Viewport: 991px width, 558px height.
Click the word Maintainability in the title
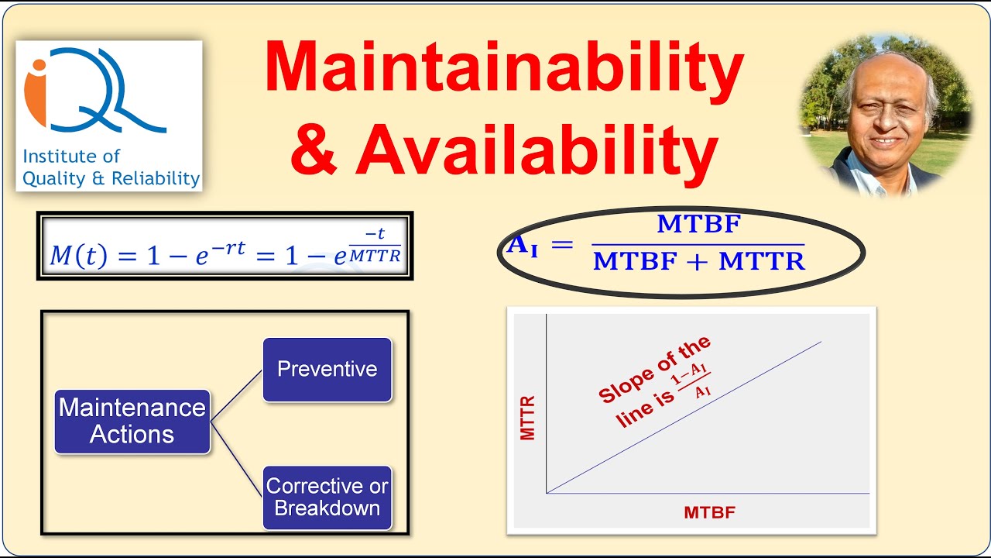pyautogui.click(x=504, y=68)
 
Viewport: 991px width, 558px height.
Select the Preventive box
pyautogui.click(x=327, y=369)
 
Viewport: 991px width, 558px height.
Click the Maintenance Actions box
pyautogui.click(x=132, y=421)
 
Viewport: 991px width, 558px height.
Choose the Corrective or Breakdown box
pyautogui.click(x=327, y=497)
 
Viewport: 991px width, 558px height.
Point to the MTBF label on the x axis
pyautogui.click(x=709, y=512)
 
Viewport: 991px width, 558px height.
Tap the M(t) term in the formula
pyautogui.click(x=78, y=256)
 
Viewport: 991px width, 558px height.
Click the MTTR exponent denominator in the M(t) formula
pyautogui.click(x=375, y=256)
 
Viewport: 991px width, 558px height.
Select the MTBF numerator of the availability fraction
pyautogui.click(x=698, y=226)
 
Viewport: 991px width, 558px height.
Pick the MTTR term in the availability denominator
pyautogui.click(x=762, y=262)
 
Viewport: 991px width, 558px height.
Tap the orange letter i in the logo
pyautogui.click(x=36, y=91)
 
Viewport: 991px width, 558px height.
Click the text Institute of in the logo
pyautogui.click(x=71, y=157)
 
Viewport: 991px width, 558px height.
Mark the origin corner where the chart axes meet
pyautogui.click(x=547, y=492)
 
